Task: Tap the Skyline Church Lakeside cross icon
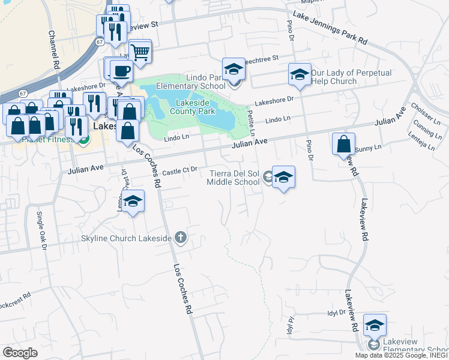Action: click(x=180, y=238)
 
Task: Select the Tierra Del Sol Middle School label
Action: click(x=234, y=178)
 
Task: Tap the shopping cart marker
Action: click(x=140, y=52)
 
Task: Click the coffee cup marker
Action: click(x=121, y=70)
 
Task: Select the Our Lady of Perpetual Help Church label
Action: click(x=351, y=77)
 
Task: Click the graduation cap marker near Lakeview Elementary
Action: click(x=375, y=325)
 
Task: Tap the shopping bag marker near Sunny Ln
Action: click(x=343, y=144)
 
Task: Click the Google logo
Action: click(x=20, y=353)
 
